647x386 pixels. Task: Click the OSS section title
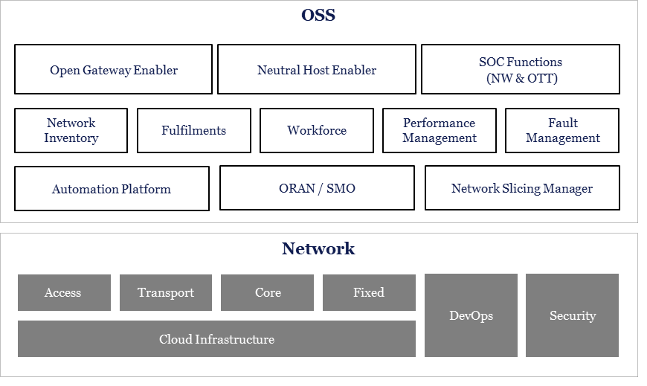pyautogui.click(x=318, y=15)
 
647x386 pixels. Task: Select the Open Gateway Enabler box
pyautogui.click(x=113, y=69)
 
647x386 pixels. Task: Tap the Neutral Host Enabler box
pyautogui.click(x=317, y=69)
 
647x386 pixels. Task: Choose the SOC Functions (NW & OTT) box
pyautogui.click(x=521, y=69)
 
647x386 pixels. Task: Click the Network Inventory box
pyautogui.click(x=71, y=130)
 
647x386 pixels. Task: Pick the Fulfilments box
pyautogui.click(x=193, y=130)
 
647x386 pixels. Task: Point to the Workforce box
pyautogui.click(x=317, y=130)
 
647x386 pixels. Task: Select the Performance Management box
pyautogui.click(x=440, y=130)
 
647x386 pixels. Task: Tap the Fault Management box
pyautogui.click(x=562, y=130)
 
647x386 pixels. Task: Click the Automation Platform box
pyautogui.click(x=112, y=188)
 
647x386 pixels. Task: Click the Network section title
pyautogui.click(x=318, y=248)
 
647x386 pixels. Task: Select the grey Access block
pyautogui.click(x=64, y=292)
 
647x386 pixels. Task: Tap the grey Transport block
pyautogui.click(x=166, y=292)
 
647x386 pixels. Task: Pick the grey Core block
pyautogui.click(x=267, y=292)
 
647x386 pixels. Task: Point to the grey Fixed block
pyautogui.click(x=369, y=292)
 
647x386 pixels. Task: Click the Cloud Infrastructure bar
pyautogui.click(x=216, y=339)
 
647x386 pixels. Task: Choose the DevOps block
pyautogui.click(x=471, y=315)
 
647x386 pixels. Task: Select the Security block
pyautogui.click(x=572, y=315)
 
